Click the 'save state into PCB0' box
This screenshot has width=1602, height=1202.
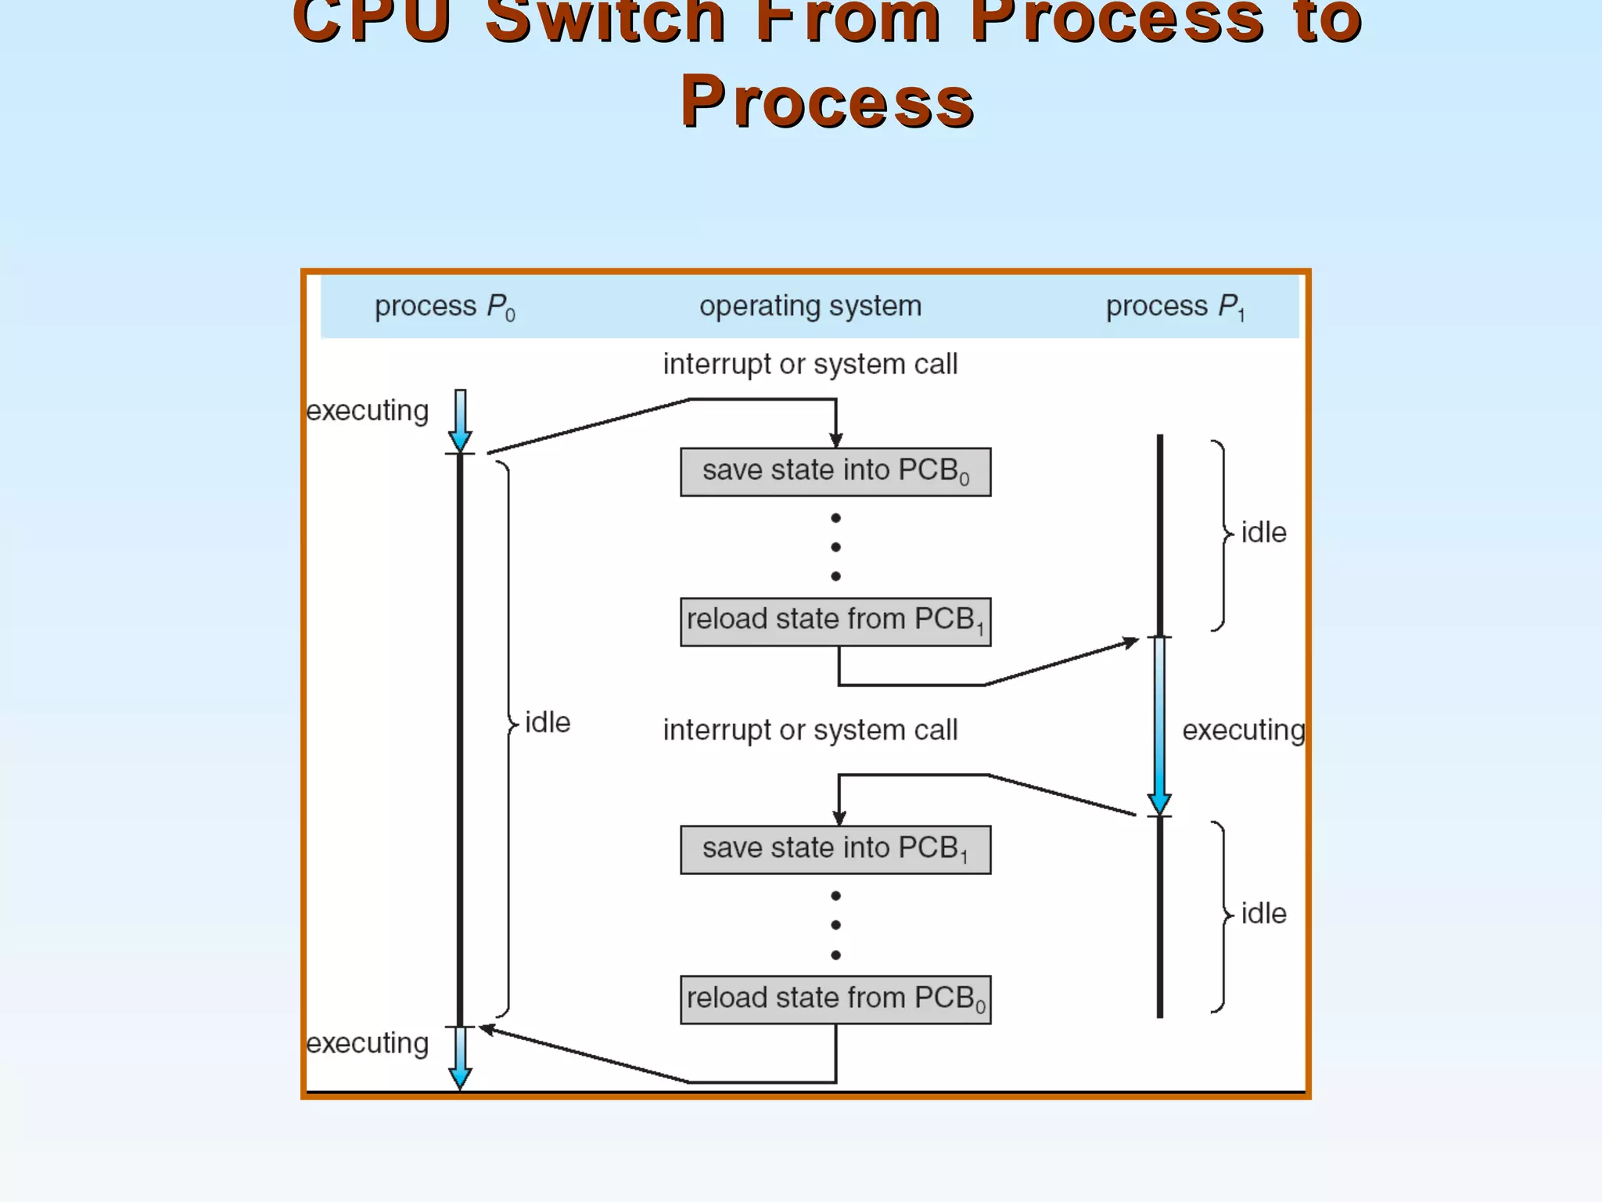coord(835,472)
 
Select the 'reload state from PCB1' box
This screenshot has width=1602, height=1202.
coord(835,621)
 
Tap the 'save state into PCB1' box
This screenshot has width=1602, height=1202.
coord(835,849)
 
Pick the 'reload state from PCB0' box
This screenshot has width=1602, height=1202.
coord(835,999)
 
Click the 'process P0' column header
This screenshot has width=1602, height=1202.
coord(444,306)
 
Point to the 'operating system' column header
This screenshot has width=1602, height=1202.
coord(810,306)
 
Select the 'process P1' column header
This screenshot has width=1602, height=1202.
coord(1174,306)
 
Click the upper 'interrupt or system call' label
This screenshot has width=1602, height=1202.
coord(810,364)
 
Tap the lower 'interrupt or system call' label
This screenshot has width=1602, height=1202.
coord(810,730)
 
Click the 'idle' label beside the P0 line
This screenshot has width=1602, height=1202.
coord(547,722)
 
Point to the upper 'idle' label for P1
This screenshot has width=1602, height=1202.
coord(1263,533)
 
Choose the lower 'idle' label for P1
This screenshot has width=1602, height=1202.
coord(1263,913)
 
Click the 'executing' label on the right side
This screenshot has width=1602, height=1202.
coord(1243,730)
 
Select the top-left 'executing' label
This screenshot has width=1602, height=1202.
coord(367,411)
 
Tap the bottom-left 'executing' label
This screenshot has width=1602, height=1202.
coord(367,1043)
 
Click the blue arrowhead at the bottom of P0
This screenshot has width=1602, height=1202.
coord(460,1078)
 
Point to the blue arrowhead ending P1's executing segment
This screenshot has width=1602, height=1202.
coord(1159,804)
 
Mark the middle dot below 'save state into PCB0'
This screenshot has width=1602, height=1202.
coord(835,547)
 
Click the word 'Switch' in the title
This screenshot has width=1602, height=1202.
coord(605,20)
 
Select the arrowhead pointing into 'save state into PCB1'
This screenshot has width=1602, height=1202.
coord(839,818)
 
